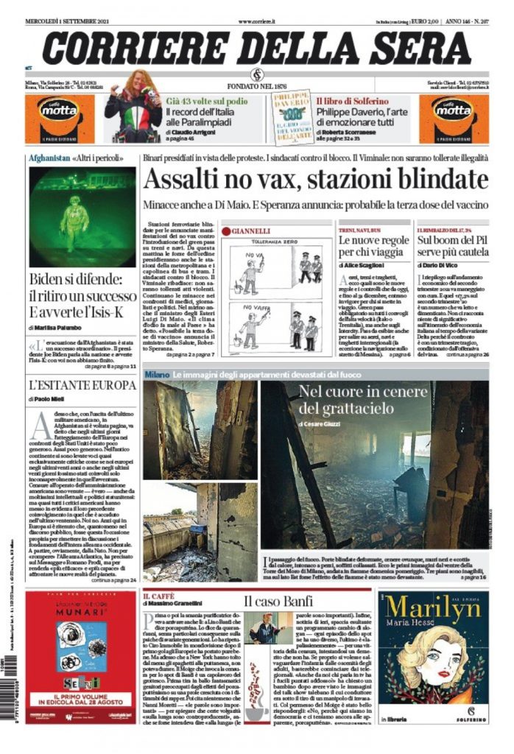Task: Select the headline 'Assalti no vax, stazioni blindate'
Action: point(314,180)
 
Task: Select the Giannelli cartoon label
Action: point(250,231)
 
